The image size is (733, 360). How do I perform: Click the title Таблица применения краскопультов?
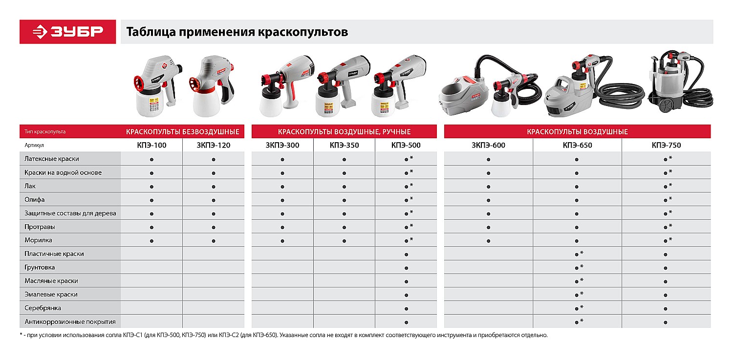(237, 32)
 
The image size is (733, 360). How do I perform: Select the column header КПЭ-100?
(151, 145)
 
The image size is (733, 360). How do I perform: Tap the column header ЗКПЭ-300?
(282, 145)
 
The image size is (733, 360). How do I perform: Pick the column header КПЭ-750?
(666, 145)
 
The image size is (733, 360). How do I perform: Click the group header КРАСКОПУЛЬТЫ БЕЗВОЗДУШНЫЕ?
(183, 132)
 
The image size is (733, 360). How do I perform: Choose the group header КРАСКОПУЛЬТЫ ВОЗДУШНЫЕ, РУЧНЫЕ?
(344, 132)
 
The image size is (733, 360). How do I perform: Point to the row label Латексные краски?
(52, 159)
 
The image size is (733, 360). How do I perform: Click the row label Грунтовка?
(40, 268)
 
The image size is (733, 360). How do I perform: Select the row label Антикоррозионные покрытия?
(70, 322)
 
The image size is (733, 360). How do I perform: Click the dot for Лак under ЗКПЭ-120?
(214, 187)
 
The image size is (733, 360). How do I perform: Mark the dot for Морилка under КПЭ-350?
(345, 241)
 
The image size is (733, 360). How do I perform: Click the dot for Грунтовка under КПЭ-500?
(406, 268)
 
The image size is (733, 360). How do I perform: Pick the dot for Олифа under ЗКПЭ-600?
(489, 200)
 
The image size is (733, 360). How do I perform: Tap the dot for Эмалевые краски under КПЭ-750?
(666, 295)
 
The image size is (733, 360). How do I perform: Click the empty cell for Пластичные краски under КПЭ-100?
(151, 254)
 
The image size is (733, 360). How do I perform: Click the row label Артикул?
(35, 146)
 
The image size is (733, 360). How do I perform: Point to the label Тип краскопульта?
(45, 132)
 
